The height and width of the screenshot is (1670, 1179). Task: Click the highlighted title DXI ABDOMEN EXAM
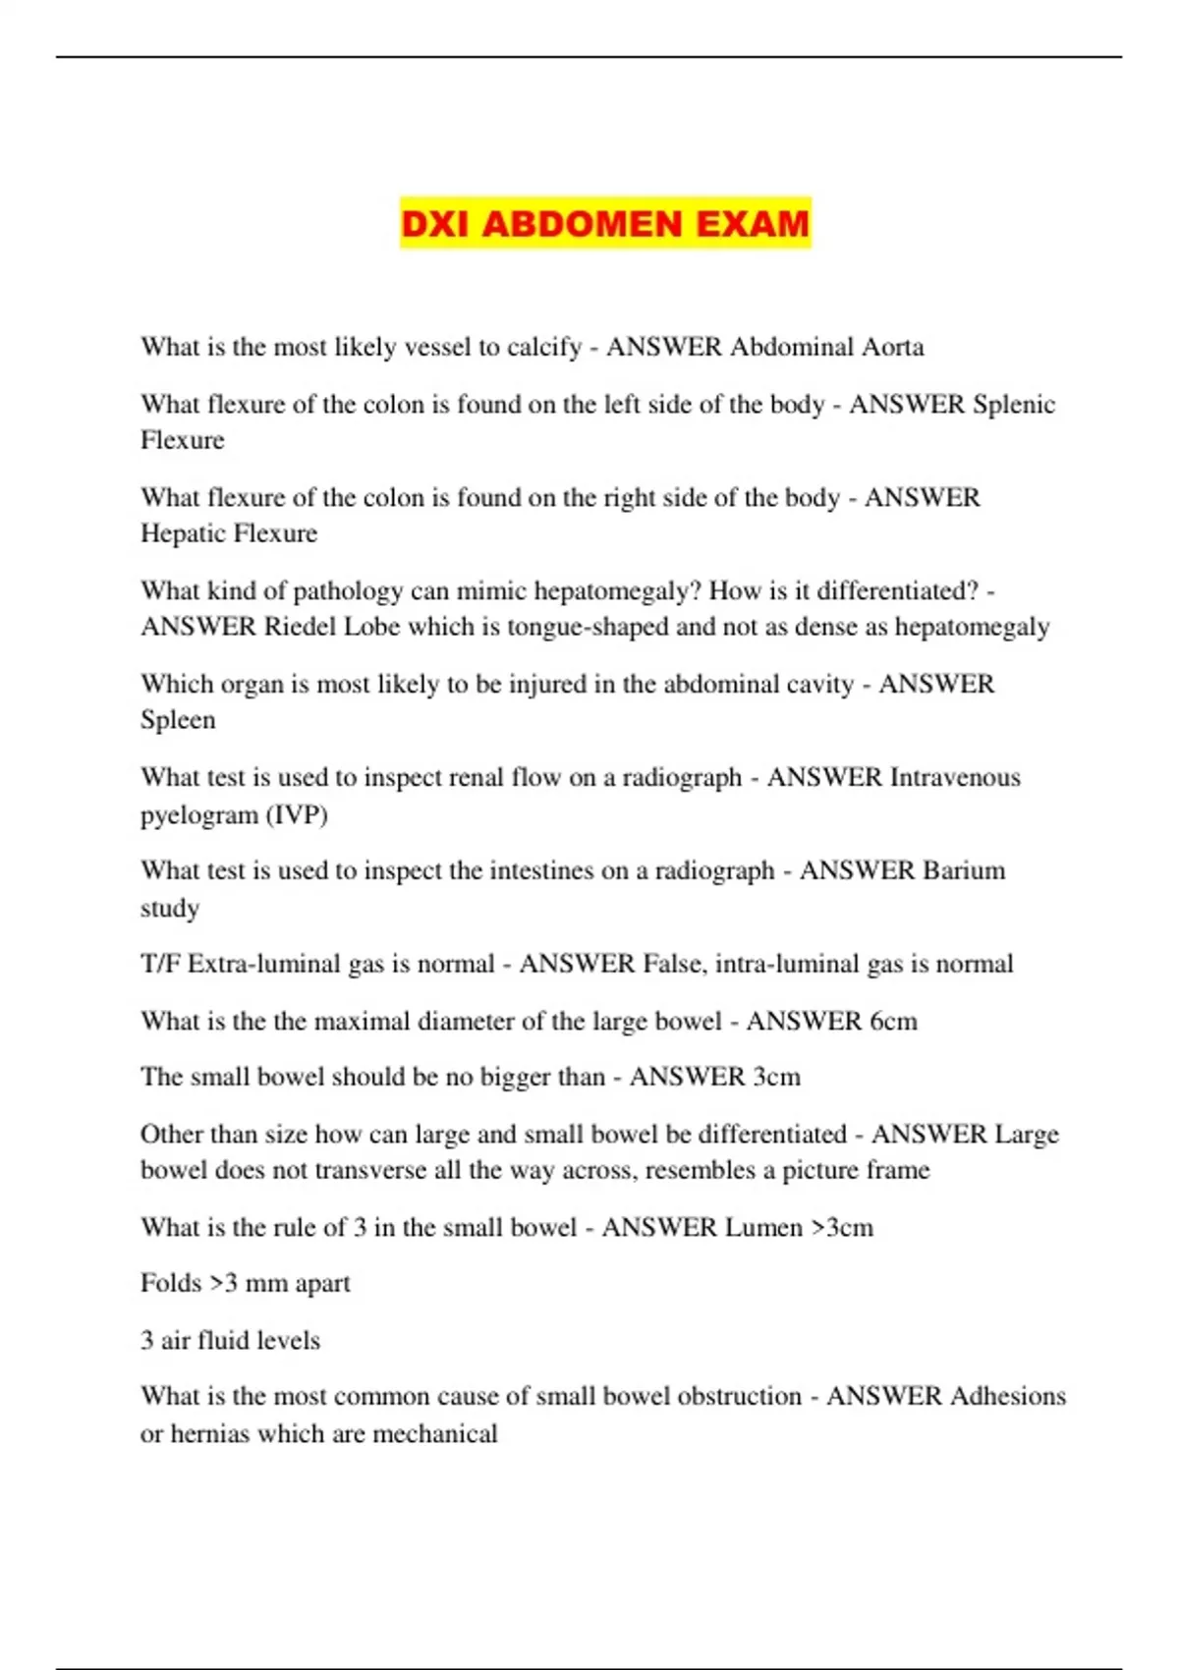point(604,224)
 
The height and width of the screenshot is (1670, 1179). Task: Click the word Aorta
point(892,347)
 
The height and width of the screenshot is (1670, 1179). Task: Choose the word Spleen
point(178,720)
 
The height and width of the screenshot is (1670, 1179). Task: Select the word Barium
point(963,870)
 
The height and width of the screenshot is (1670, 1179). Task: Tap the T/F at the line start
point(160,964)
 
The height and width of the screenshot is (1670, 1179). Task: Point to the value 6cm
point(893,1022)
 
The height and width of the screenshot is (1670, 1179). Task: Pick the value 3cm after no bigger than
point(776,1077)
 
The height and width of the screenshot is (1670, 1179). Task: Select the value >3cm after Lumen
point(842,1228)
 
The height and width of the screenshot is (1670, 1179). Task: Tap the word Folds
point(171,1283)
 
